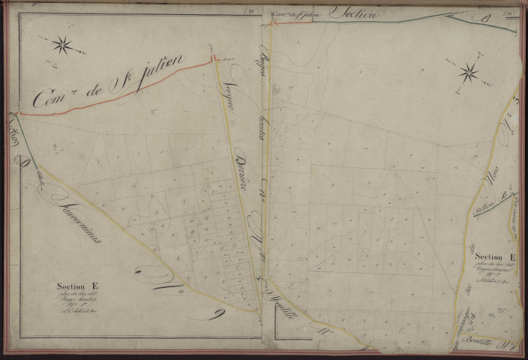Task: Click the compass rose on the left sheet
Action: coord(62,45)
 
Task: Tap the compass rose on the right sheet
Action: coord(469,73)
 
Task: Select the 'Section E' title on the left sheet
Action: coord(77,285)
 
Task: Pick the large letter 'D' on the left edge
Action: coord(26,160)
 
